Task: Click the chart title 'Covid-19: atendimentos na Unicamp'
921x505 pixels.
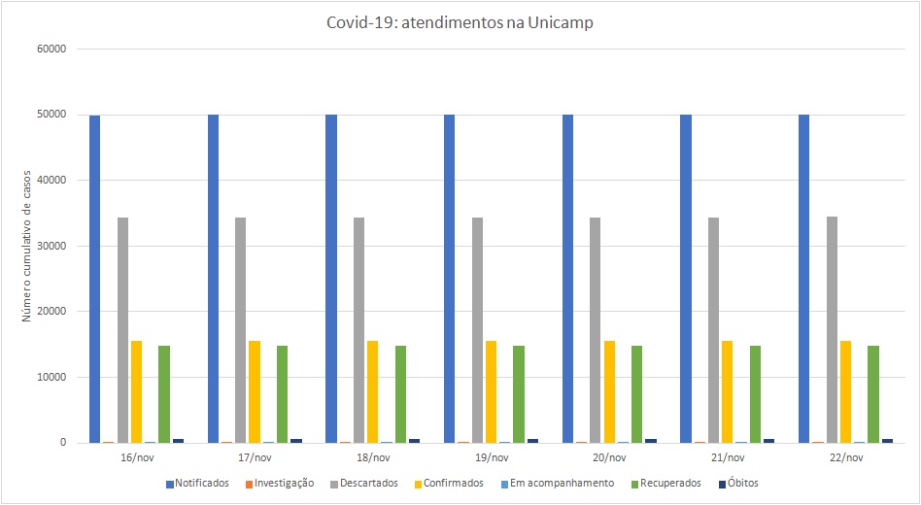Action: tap(460, 23)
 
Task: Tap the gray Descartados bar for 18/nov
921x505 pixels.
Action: tap(359, 330)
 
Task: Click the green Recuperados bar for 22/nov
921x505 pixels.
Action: tap(873, 393)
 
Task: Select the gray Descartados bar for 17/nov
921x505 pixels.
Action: tap(241, 330)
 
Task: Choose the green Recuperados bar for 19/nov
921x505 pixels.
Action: tap(519, 393)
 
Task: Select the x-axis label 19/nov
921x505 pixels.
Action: tap(491, 457)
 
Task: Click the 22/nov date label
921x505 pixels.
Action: tap(845, 457)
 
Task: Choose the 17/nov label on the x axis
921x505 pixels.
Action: tap(255, 457)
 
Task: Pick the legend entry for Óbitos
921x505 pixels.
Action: tap(744, 483)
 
